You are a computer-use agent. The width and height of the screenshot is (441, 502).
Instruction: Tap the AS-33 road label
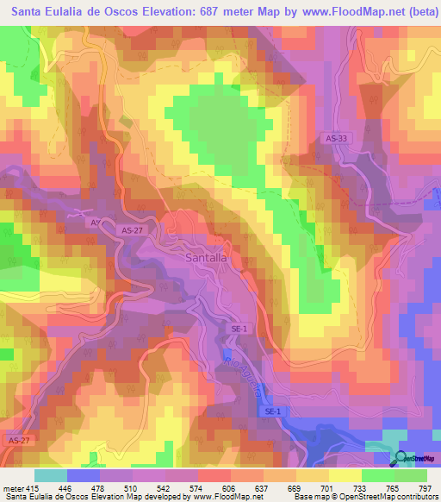coord(338,138)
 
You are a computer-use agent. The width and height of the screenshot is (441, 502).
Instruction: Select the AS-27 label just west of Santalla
coord(132,231)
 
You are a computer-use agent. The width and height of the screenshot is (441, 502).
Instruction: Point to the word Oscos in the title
coord(112,13)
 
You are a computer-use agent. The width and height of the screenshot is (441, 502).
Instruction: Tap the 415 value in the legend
coord(33,486)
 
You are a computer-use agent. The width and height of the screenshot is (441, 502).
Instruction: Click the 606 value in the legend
coord(229,486)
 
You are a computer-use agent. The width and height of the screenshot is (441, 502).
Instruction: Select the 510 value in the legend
coord(129,486)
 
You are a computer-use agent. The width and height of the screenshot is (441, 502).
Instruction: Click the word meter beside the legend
coord(12,486)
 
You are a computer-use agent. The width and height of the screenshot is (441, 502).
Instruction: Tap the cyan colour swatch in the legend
coord(50,475)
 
